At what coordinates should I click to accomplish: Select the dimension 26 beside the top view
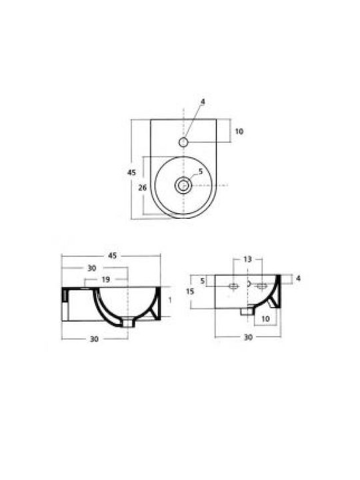[143, 187]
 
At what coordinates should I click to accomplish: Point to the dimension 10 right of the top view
[239, 131]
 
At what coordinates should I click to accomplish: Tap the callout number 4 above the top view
[203, 101]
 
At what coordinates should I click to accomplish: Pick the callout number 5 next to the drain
[201, 171]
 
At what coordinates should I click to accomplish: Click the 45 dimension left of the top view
[131, 173]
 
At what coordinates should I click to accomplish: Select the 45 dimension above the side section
[113, 255]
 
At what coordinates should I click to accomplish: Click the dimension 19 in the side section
[105, 279]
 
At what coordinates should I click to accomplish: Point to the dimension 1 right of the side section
[170, 300]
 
